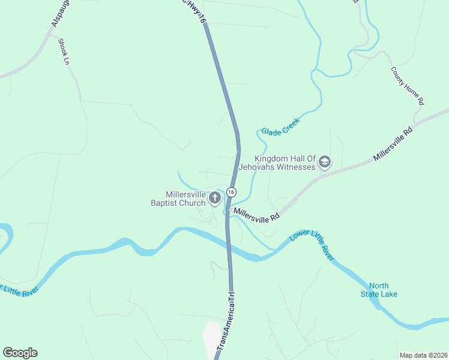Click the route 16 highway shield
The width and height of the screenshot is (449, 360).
tap(231, 191)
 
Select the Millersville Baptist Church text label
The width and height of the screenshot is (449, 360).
tap(185, 199)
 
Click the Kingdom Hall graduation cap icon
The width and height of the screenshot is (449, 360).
tap(325, 163)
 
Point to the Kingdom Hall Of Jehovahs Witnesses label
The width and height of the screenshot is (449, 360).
tap(285, 163)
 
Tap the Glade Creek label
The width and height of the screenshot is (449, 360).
tap(280, 127)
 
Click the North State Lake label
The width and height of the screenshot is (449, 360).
tap(383, 290)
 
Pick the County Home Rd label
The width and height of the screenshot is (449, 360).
tap(408, 86)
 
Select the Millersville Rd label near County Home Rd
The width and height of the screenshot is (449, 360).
tap(393, 143)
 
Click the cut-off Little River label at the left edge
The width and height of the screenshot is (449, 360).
tap(19, 290)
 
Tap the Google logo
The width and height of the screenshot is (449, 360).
tap(20, 353)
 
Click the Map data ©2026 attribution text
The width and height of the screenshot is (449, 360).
tap(423, 355)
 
